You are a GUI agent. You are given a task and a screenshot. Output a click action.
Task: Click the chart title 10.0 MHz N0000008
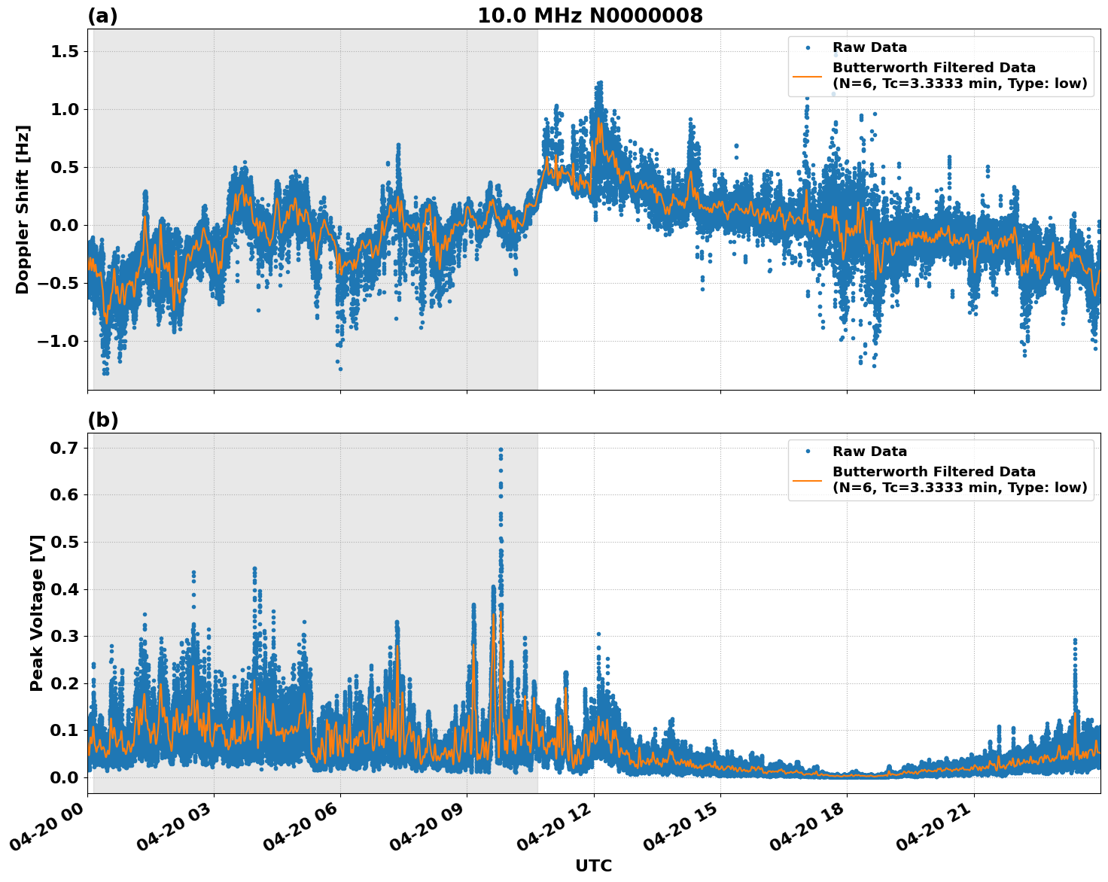[590, 16]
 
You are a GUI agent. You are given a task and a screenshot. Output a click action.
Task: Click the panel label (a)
[102, 16]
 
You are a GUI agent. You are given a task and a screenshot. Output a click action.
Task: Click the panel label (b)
[102, 420]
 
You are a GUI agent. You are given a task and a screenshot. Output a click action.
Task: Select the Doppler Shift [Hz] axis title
[23, 209]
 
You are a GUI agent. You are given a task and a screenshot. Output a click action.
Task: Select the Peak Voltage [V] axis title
[37, 613]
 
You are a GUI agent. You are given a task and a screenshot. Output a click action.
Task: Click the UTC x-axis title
[593, 865]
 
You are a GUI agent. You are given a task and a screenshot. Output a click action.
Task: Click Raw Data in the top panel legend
[869, 47]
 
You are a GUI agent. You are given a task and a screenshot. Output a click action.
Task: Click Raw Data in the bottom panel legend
[869, 452]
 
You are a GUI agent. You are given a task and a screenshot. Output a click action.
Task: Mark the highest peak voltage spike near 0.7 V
[501, 450]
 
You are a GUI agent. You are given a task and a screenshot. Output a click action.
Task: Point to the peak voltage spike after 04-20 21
[1075, 641]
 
